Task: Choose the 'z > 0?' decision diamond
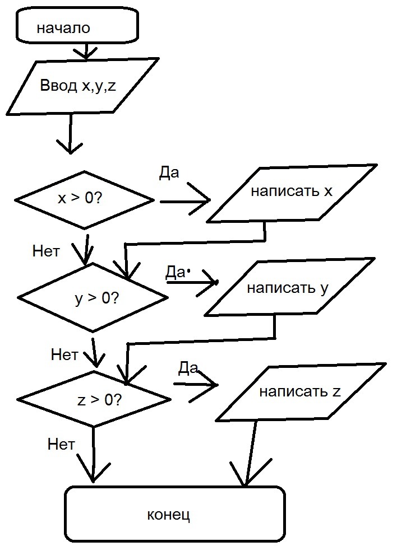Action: coord(94,399)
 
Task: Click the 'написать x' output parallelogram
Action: coord(292,193)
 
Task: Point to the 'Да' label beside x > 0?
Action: coord(169,173)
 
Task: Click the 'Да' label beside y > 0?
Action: coord(176,272)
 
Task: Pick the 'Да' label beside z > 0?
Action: coord(188,368)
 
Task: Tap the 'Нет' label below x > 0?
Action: coord(46,251)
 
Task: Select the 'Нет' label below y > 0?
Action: coord(64,354)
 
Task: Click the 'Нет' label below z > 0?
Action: coord(61,445)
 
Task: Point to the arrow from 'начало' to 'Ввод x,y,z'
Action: coord(86,50)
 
